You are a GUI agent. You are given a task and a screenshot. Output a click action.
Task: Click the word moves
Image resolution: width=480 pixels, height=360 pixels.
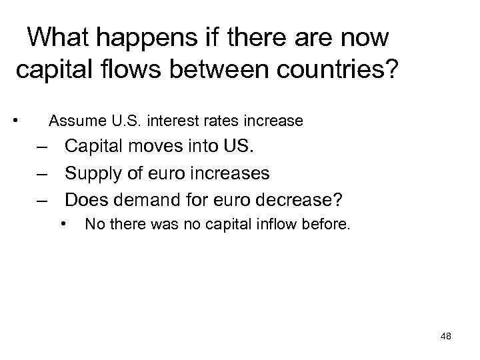[x=151, y=147]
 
